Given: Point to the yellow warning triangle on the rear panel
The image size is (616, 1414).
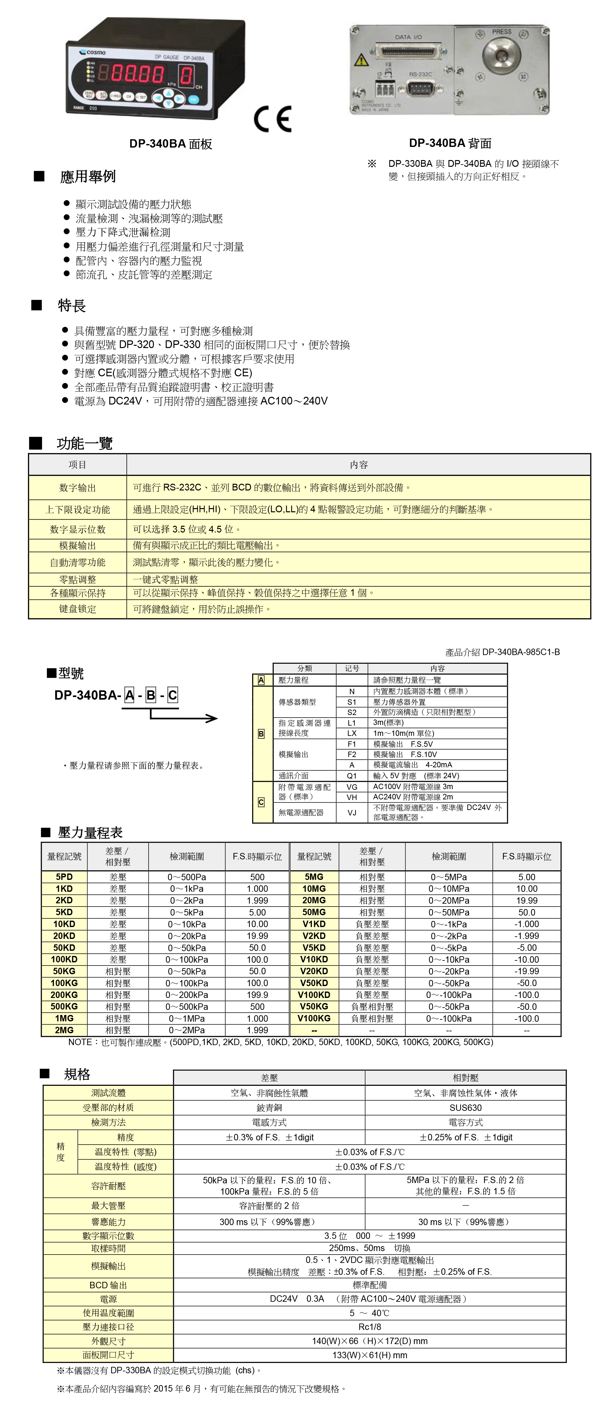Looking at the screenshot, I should click(361, 59).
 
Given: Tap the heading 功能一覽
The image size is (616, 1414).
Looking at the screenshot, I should click(85, 443).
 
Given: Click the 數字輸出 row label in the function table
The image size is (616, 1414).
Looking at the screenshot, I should click(77, 488).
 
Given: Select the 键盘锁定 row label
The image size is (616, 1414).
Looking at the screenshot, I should click(77, 609).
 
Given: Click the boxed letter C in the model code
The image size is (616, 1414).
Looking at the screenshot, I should click(172, 695).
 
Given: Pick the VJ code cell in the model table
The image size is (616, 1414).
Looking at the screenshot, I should click(352, 813).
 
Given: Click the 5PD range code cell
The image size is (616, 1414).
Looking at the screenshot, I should click(64, 877).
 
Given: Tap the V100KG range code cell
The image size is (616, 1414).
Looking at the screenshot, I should click(314, 1018).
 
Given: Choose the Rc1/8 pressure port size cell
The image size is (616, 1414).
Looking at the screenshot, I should click(370, 1327).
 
